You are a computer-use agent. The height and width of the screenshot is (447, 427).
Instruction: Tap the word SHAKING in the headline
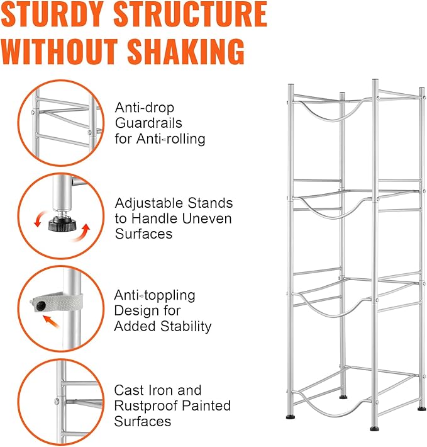[186, 51]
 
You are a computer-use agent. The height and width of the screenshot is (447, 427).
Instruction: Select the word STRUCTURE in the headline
[190, 14]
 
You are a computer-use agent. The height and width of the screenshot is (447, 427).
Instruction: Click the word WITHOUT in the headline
[60, 51]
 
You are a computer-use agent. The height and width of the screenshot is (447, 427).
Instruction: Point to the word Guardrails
[148, 123]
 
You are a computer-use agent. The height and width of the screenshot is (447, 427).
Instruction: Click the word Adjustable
[149, 204]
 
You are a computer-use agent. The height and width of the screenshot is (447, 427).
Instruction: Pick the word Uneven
[207, 218]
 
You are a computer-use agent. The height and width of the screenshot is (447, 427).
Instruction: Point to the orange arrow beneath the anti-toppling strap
[51, 320]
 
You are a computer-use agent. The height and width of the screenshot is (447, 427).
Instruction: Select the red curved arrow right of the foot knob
[81, 233]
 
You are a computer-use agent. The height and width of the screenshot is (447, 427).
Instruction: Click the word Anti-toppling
[155, 295]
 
